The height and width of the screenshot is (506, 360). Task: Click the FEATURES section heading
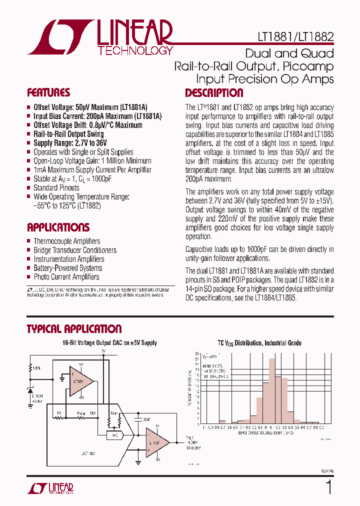pyautogui.click(x=48, y=92)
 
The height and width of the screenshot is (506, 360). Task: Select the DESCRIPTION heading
pyautogui.click(x=214, y=93)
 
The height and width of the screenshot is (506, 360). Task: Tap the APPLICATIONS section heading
pyautogui.click(x=58, y=227)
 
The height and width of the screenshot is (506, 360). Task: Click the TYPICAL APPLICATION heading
pyautogui.click(x=74, y=329)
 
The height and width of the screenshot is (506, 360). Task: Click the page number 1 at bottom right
pyautogui.click(x=328, y=487)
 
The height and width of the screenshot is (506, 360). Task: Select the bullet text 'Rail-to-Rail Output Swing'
pyautogui.click(x=68, y=134)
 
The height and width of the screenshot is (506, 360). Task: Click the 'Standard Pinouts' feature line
pyautogui.click(x=56, y=188)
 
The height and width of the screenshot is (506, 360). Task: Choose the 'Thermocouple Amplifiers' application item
pyautogui.click(x=67, y=241)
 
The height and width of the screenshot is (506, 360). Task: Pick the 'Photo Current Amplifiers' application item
pyautogui.click(x=66, y=277)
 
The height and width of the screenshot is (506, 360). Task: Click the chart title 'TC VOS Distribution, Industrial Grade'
pyautogui.click(x=259, y=343)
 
